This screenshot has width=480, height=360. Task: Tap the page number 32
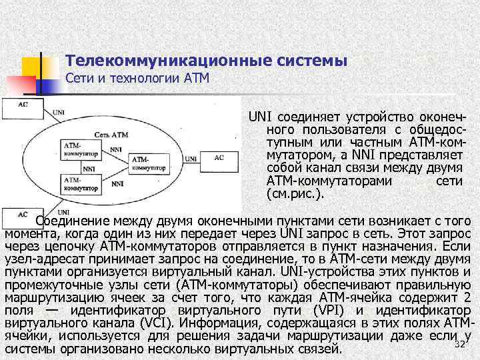click(x=459, y=343)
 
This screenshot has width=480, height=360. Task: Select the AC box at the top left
click(x=23, y=105)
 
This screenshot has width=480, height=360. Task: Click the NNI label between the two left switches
click(x=89, y=169)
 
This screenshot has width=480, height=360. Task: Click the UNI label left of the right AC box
click(x=191, y=159)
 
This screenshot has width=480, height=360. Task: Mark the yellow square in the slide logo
click(x=32, y=67)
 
